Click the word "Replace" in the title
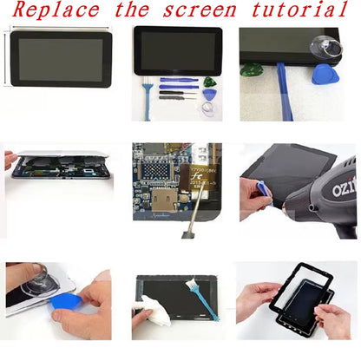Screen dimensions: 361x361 click(52, 11)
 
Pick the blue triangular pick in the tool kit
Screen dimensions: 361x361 click(209, 91)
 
